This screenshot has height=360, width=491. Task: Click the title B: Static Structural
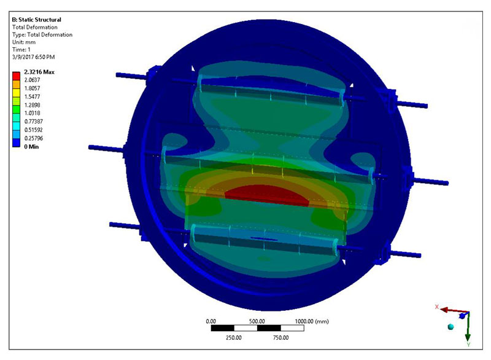pos(36,20)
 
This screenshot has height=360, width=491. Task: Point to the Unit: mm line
pos(24,42)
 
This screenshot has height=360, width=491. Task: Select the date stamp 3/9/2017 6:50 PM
pos(34,57)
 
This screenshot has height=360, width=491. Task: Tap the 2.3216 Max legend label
pos(39,72)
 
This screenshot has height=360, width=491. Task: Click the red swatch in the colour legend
pos(16,76)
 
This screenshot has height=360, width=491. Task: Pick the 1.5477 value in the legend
pos(33,96)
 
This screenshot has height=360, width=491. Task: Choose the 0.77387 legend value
pos(34,121)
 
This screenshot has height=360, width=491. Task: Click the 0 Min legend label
pos(31,147)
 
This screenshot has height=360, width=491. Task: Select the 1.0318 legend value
pos(33,113)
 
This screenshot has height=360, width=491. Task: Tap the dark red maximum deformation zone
pos(267,195)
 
